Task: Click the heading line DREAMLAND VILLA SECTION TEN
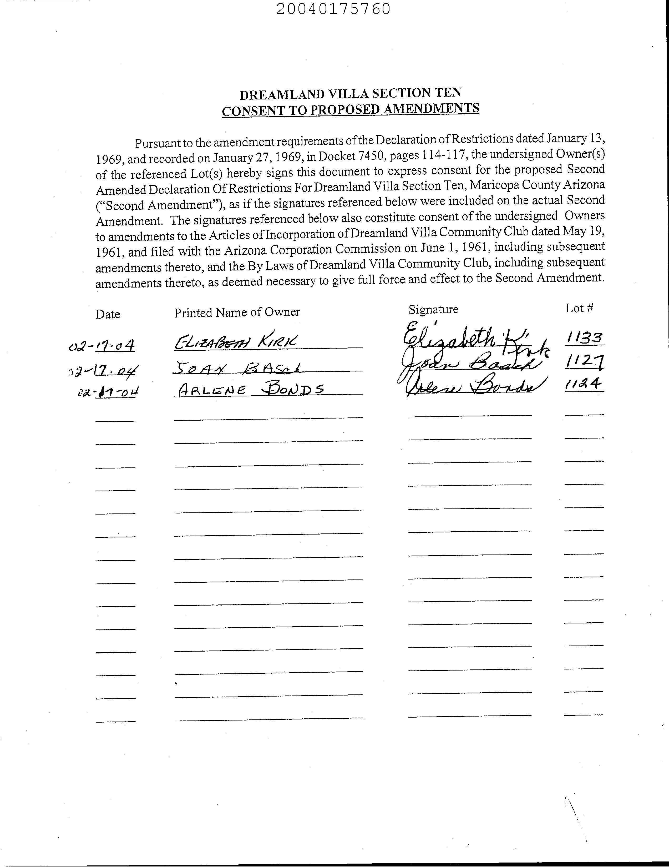pos(350,94)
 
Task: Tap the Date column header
pos(108,314)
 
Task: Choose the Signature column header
pos(433,309)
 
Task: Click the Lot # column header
pos(579,308)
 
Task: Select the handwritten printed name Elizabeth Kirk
pos(236,342)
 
